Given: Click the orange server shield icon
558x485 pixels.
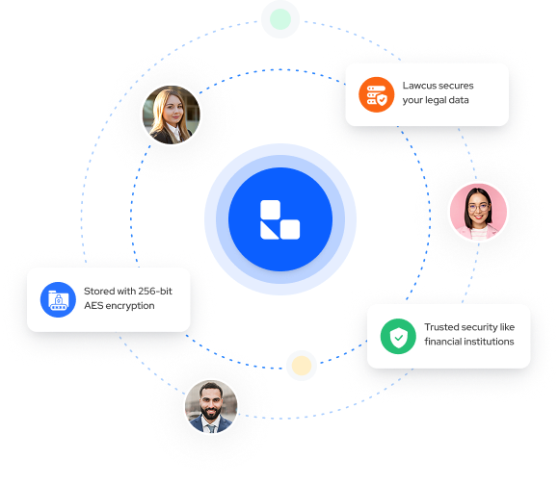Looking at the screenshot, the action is point(376,94).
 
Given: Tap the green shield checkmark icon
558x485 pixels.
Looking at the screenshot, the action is point(398,336).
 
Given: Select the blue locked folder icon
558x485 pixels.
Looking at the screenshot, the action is point(58,299).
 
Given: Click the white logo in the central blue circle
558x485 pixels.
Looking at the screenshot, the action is point(280,219).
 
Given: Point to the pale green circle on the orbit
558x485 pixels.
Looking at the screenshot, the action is point(280,19).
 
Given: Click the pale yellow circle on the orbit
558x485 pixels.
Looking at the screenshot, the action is point(302,366).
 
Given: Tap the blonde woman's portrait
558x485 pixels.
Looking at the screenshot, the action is point(172,115).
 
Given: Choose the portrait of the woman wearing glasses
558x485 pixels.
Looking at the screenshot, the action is point(478,212).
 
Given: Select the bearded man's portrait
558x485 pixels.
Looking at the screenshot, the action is point(211,406).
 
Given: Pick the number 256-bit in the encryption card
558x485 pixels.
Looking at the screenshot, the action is point(155,291).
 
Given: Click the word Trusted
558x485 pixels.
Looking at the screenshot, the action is point(440,327).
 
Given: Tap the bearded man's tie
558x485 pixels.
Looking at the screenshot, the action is point(211,428).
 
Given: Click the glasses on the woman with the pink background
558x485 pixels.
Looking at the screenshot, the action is point(478,207).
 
